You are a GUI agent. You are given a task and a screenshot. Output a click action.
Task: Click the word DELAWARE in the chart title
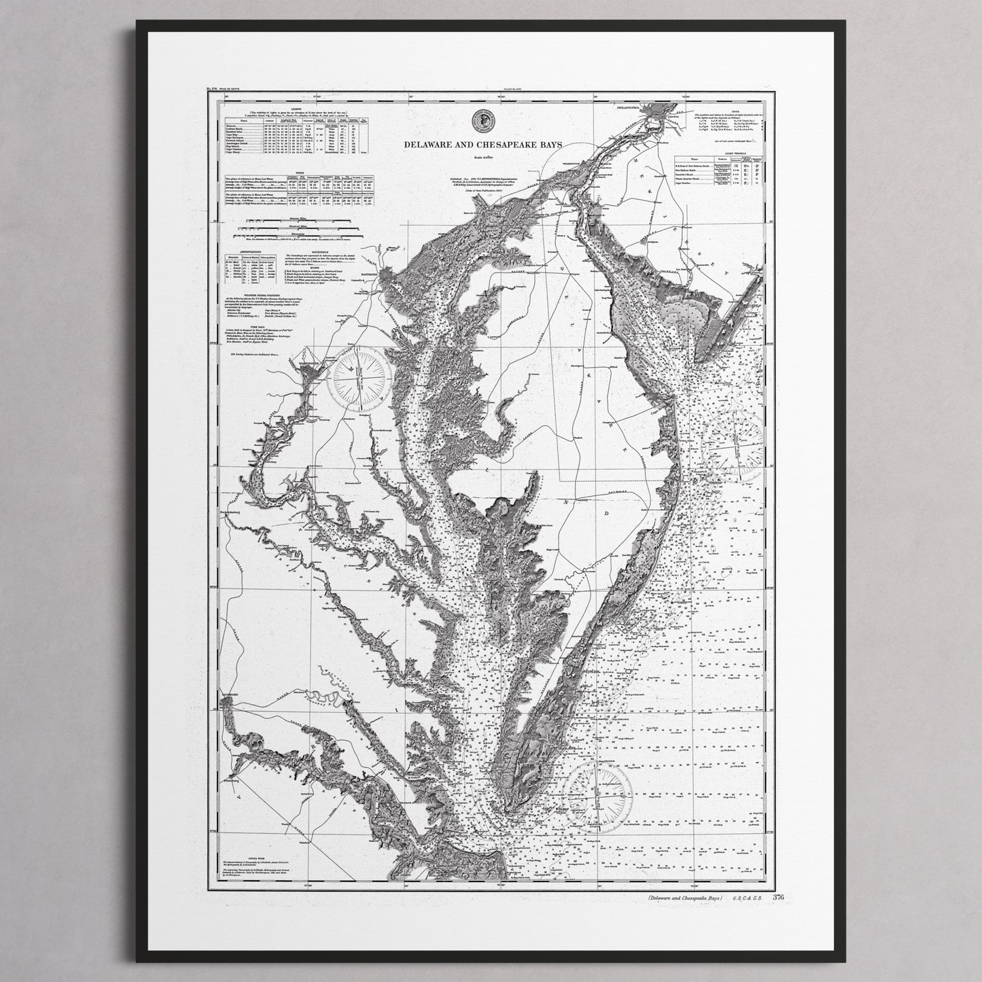pos(427,145)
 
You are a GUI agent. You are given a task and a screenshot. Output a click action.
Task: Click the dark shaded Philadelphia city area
pos(657,109)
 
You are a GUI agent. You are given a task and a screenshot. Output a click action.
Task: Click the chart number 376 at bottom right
pos(778,897)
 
